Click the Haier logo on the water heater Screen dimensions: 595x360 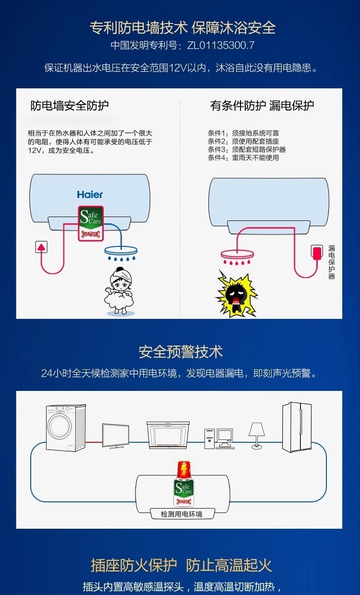click(90, 194)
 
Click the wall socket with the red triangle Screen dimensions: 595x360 click(42, 247)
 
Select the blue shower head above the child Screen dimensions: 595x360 click(121, 251)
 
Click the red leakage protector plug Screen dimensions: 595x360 click(317, 253)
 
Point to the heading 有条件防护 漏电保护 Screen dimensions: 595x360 click(262, 106)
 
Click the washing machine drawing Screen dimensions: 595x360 click(66, 427)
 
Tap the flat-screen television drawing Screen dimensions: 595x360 click(115, 436)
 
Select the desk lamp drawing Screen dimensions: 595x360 click(257, 435)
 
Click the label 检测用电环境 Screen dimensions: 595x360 click(181, 514)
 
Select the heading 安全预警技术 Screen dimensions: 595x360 click(180, 352)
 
